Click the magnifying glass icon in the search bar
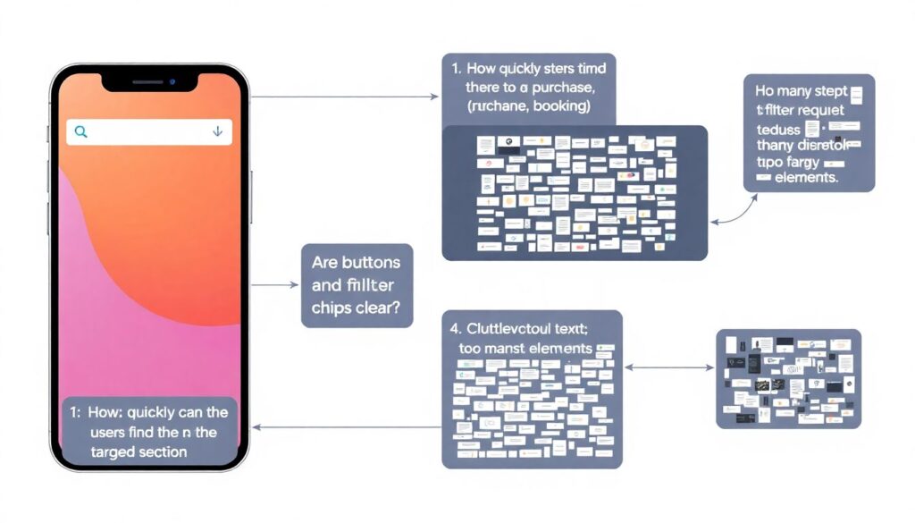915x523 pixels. click(81, 131)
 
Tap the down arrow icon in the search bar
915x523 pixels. click(217, 131)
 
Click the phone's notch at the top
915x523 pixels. click(148, 82)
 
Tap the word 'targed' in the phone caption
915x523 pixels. click(113, 452)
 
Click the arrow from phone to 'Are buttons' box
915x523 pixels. click(274, 285)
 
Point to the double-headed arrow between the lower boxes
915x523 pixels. click(668, 367)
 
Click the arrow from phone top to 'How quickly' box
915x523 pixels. click(344, 96)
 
